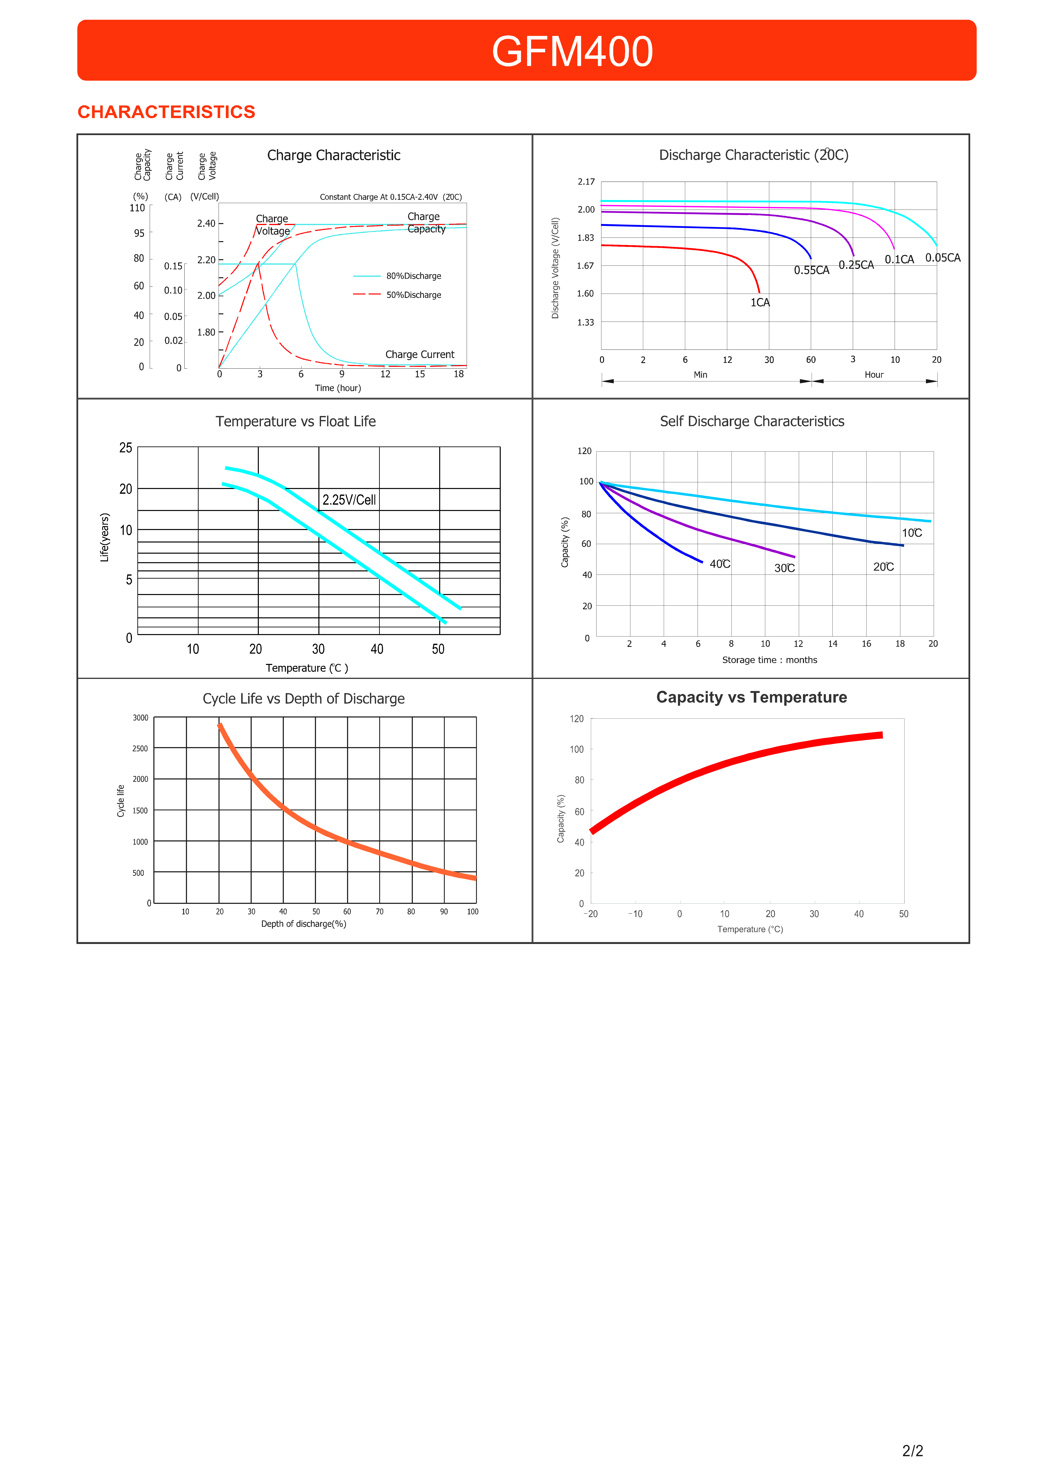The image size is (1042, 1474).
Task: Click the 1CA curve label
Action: point(760,302)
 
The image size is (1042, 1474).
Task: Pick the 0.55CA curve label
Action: point(812,270)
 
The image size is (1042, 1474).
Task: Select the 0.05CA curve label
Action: point(943,257)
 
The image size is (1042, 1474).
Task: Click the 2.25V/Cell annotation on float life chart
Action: point(349,499)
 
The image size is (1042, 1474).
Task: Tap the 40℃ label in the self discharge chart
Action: point(720,564)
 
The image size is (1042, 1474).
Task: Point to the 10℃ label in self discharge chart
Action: point(912,533)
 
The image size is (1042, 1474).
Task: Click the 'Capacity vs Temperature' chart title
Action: point(751,697)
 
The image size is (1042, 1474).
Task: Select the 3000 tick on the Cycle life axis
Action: point(141,718)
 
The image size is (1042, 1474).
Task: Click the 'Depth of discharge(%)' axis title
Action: point(304,924)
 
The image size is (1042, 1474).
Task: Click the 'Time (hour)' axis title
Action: point(338,388)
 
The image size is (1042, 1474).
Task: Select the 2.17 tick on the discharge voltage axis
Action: point(586,182)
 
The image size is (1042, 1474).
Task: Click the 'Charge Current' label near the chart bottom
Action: point(420,354)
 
